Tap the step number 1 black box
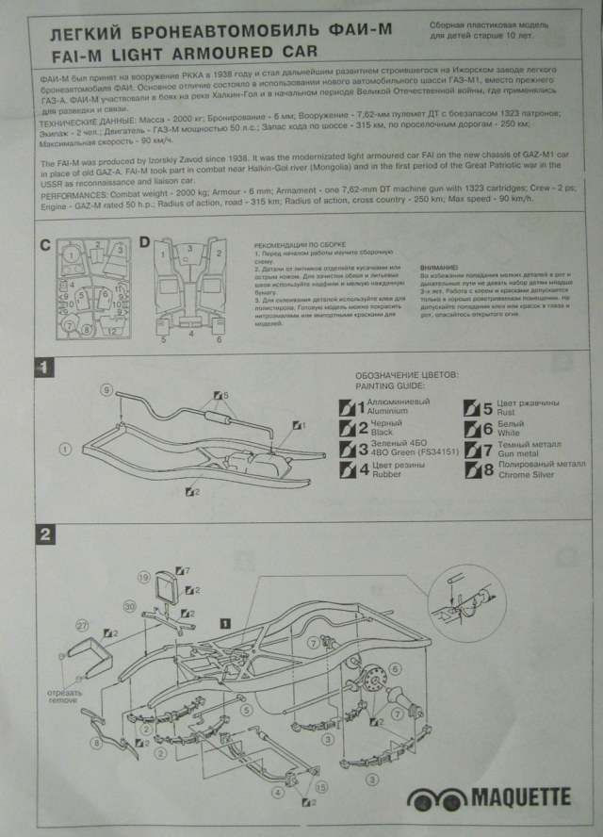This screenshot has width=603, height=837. pyautogui.click(x=43, y=366)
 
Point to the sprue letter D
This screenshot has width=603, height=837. pyautogui.click(x=144, y=245)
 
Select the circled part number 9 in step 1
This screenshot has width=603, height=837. pyautogui.click(x=107, y=389)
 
